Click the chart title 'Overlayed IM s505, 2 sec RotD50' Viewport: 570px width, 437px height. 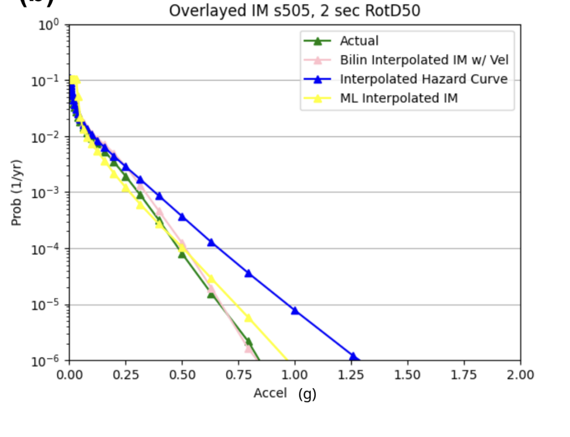tap(295, 11)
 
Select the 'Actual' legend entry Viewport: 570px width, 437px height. tap(359, 41)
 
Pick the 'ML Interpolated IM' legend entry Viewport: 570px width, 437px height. tap(399, 98)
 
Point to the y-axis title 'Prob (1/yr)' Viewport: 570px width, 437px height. tap(17, 193)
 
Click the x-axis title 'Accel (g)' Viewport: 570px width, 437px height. tap(284, 394)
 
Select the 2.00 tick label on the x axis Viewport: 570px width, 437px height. tap(520, 375)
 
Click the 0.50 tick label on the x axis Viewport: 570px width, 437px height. tap(182, 375)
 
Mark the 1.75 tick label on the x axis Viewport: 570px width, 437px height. tap(463, 375)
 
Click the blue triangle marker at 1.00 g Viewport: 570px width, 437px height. tap(295, 311)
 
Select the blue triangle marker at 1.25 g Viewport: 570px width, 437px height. tap(353, 357)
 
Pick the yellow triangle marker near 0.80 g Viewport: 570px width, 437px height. tap(249, 318)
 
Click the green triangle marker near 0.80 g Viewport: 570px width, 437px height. tap(249, 342)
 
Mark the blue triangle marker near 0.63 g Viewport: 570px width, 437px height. tap(211, 242)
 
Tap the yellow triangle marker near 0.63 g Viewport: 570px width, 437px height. tap(211, 279)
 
